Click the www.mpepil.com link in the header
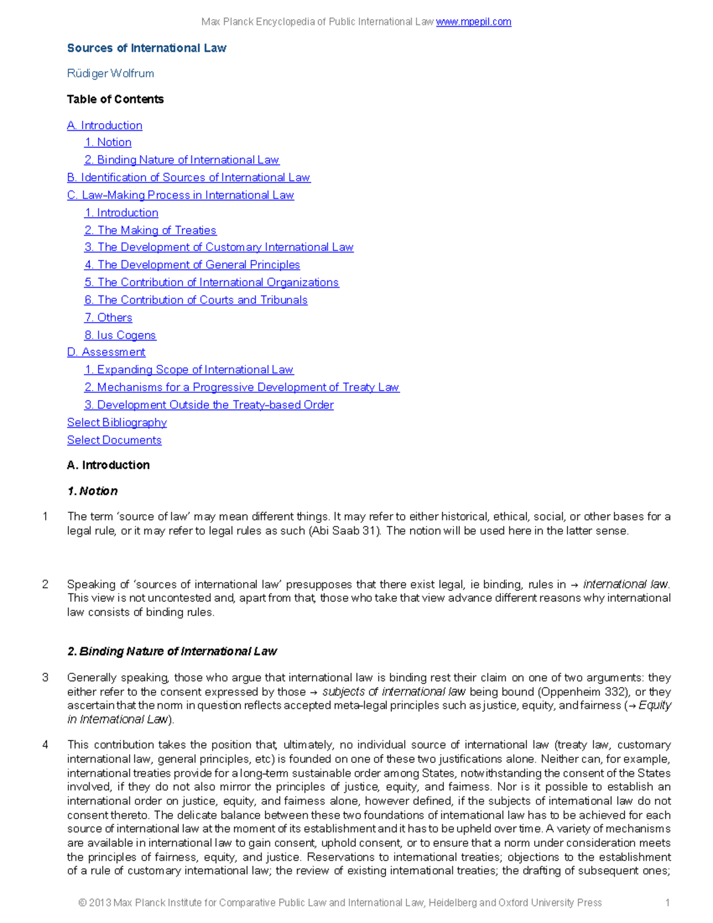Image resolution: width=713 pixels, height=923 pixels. pos(473,22)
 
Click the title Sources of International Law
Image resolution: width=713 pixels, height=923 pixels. pos(146,48)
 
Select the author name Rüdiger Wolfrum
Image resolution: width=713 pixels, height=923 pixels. pos(111,74)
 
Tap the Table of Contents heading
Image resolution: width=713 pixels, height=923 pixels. pos(115,99)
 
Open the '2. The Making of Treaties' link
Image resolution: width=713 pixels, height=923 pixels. pos(150,231)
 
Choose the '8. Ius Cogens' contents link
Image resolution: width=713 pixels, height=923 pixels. pos(120,335)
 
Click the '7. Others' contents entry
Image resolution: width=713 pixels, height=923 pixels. pos(108,318)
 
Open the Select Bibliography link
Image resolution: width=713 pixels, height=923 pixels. pos(116,423)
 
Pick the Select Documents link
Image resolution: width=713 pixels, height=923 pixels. pos(114,440)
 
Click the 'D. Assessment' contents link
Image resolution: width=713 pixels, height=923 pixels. pos(106,352)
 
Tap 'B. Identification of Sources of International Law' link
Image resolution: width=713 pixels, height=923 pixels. pos(188,178)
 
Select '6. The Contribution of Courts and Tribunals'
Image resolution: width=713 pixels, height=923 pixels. pos(195,300)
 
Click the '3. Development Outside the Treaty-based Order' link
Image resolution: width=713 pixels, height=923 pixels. pos(209,405)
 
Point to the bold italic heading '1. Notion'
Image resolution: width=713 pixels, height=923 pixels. pos(92,492)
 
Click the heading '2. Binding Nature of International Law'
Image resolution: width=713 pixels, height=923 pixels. pos(172,652)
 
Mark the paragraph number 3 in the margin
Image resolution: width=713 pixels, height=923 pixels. pos(45,678)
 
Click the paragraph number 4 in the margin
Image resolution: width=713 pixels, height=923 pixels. pos(45,745)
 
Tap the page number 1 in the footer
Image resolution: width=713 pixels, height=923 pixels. pos(667,903)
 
